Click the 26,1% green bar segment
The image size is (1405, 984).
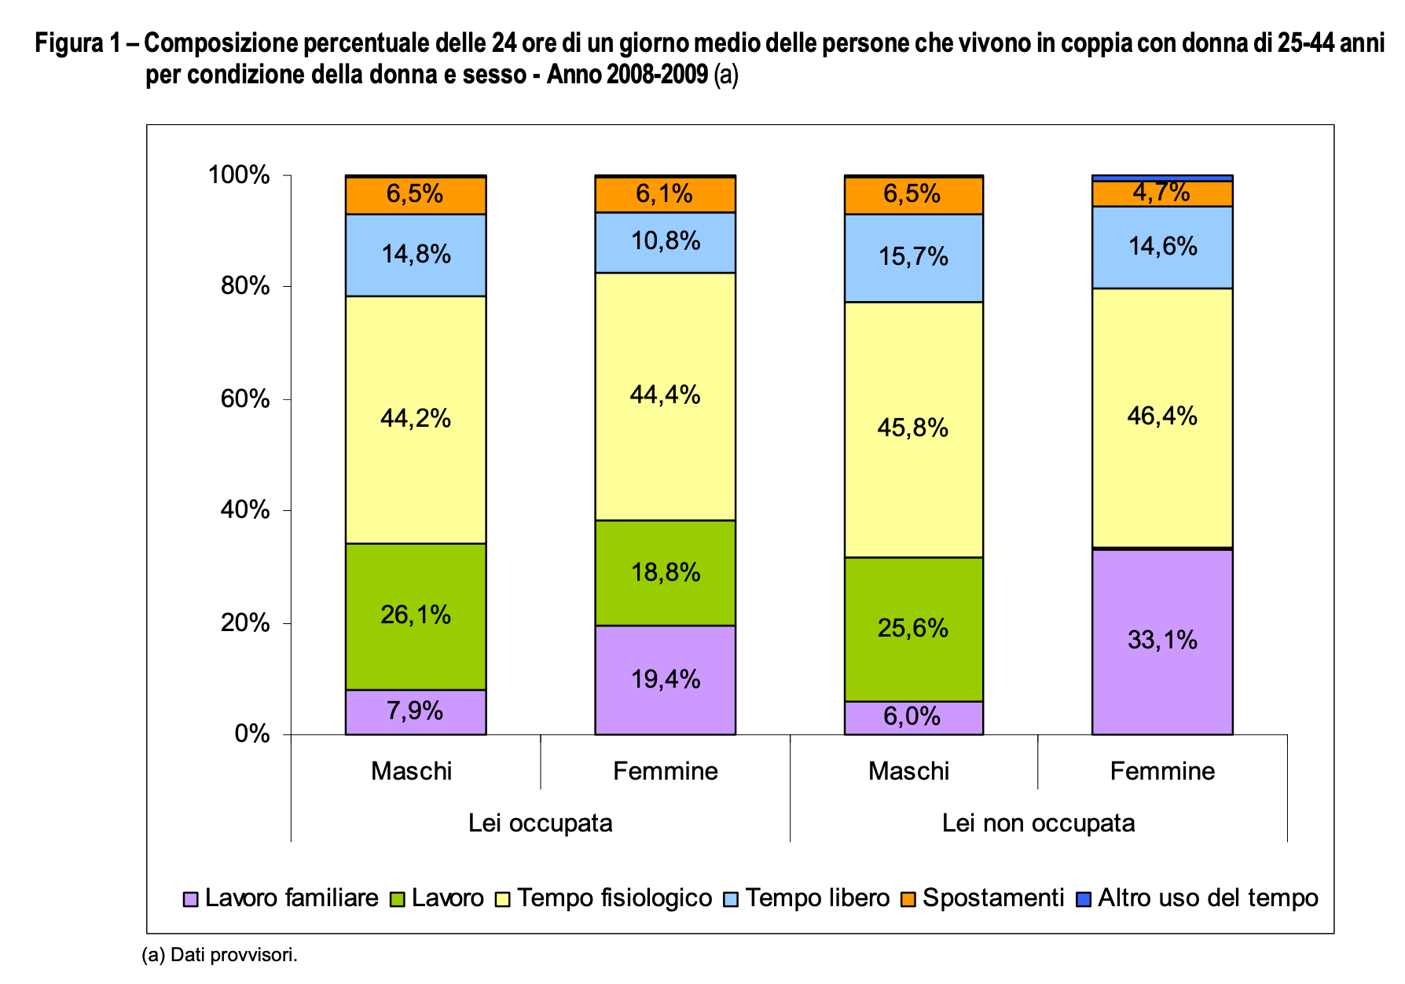[416, 615]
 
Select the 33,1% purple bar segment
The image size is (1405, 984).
[1162, 641]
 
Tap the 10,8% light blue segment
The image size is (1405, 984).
[665, 241]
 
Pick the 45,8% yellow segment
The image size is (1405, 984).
[913, 428]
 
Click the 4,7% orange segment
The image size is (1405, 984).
[1161, 193]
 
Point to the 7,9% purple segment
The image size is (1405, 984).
[415, 711]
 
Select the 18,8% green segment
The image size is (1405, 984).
[665, 572]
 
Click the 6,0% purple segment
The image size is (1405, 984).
[913, 717]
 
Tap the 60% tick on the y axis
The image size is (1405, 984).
[245, 398]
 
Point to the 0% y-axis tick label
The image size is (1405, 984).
[251, 734]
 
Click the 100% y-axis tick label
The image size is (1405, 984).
[239, 175]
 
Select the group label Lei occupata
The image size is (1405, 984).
[540, 823]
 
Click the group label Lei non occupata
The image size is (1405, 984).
[1038, 823]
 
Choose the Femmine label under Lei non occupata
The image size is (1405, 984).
[1162, 771]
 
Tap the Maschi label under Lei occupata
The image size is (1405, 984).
[411, 771]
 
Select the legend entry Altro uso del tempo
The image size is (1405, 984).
[1207, 898]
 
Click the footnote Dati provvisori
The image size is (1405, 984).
[219, 955]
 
